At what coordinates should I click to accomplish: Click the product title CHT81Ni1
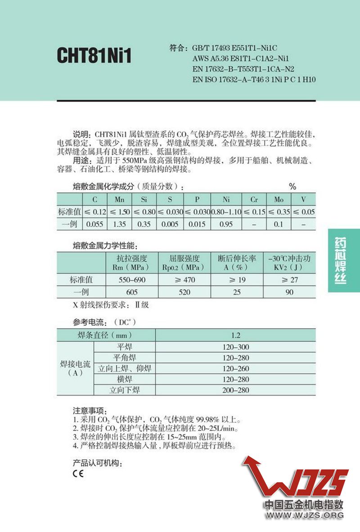point(94,57)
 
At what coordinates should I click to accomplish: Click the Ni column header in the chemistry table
point(226,199)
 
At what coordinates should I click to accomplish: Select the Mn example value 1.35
point(120,224)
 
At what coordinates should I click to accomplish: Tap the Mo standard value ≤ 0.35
point(279,212)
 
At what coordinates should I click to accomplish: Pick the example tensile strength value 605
point(132,292)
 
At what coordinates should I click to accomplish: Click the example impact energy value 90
point(289,292)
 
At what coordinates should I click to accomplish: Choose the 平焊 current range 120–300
point(235,347)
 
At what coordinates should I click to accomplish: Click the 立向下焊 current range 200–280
point(235,390)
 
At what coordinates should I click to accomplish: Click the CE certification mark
point(77,473)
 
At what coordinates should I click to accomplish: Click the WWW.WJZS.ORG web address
point(303,515)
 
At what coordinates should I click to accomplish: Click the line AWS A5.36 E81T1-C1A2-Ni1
point(240,58)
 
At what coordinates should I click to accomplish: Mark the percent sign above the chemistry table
point(292,186)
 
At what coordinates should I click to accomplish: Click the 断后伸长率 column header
point(237,259)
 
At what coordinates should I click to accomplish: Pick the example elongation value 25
point(236,292)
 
